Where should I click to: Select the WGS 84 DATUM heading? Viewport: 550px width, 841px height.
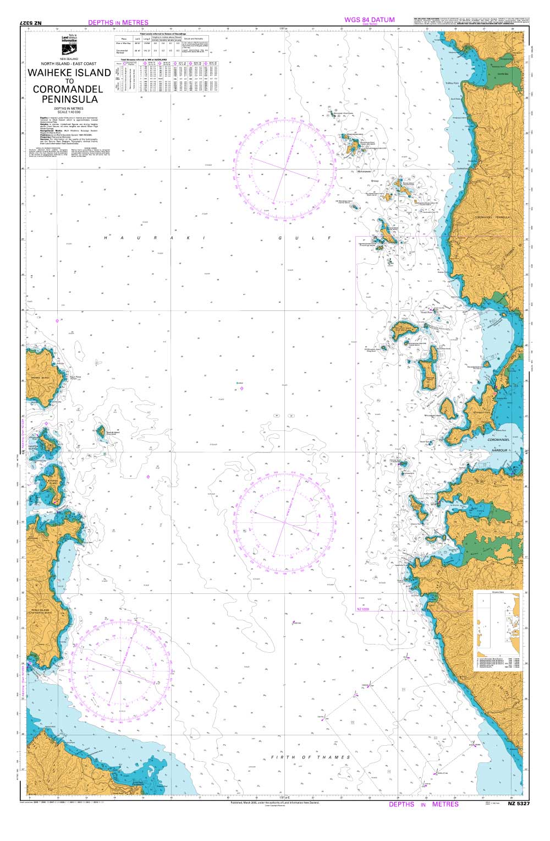pos(369,20)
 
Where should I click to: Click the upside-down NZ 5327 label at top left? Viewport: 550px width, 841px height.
pos(34,23)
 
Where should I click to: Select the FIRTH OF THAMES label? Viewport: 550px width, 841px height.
pos(310,757)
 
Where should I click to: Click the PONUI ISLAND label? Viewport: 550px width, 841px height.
pos(40,611)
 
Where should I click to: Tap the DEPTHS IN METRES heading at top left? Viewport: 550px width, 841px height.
pos(118,23)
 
